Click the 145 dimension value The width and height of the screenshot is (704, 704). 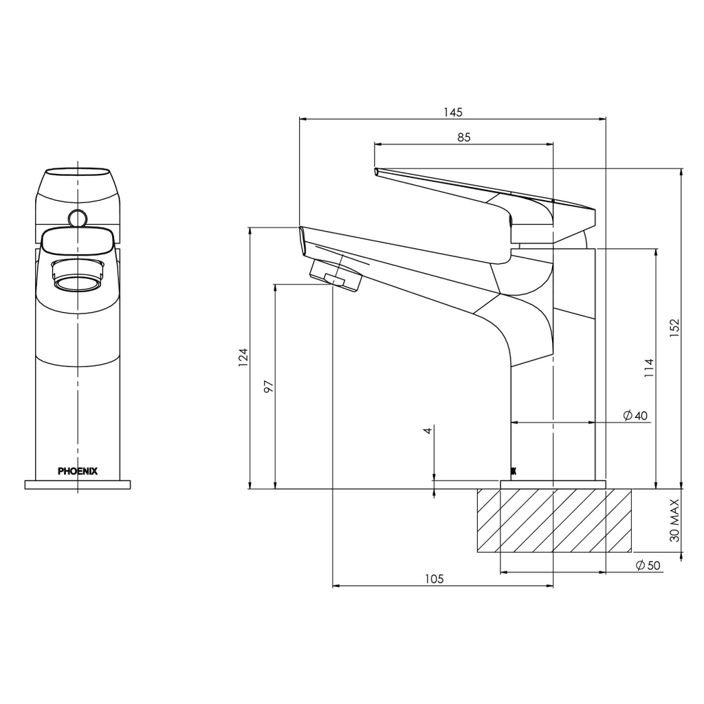click(453, 112)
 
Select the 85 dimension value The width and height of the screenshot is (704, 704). click(463, 137)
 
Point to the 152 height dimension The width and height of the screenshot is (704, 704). click(674, 328)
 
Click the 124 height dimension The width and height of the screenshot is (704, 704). click(243, 357)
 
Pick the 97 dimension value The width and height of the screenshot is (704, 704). click(269, 386)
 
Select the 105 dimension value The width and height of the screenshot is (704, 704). click(434, 579)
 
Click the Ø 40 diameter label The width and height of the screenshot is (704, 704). click(635, 415)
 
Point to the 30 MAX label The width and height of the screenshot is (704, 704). click(674, 520)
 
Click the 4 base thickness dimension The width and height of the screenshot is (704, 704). click(428, 430)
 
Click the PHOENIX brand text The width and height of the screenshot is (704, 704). click(78, 472)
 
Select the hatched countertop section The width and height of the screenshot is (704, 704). click(553, 520)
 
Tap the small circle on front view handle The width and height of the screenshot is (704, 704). click(77, 218)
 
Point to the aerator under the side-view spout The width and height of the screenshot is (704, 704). click(335, 276)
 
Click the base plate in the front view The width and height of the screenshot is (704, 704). click(78, 485)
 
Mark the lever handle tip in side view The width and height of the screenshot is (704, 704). click(377, 170)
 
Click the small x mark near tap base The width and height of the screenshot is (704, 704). click(513, 471)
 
